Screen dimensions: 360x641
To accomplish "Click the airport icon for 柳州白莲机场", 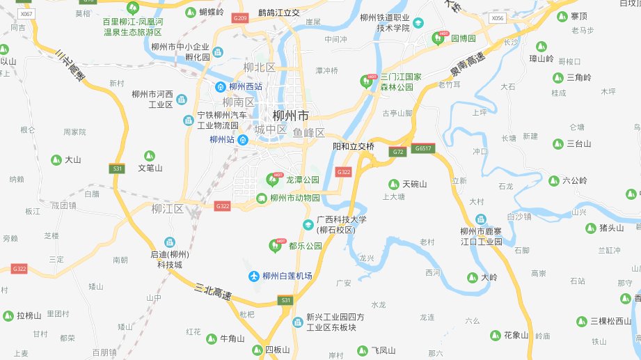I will [254, 276].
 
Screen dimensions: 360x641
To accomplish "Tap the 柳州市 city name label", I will [291, 116].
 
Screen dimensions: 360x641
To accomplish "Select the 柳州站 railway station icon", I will [242, 140].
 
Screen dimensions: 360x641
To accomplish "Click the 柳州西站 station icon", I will [220, 87].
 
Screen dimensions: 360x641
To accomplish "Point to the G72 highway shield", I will [398, 151].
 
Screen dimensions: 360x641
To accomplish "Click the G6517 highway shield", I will [422, 149].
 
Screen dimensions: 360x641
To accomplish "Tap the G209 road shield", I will [240, 17].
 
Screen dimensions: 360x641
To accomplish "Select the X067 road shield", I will [26, 14].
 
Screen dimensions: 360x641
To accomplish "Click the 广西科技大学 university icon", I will [308, 224].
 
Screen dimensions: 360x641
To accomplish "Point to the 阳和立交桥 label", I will [354, 147].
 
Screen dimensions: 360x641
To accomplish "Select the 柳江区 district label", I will [168, 209].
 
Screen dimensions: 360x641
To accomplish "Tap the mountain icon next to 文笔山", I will [148, 156].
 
